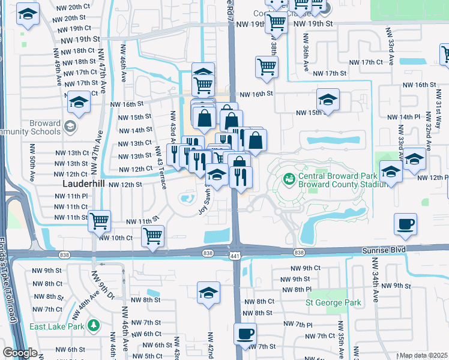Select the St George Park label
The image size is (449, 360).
(x=334, y=302)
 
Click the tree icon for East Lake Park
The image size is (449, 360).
(x=92, y=326)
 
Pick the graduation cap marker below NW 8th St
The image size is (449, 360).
(x=208, y=293)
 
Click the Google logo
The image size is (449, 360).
(x=19, y=353)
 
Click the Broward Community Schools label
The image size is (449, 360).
(x=30, y=127)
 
